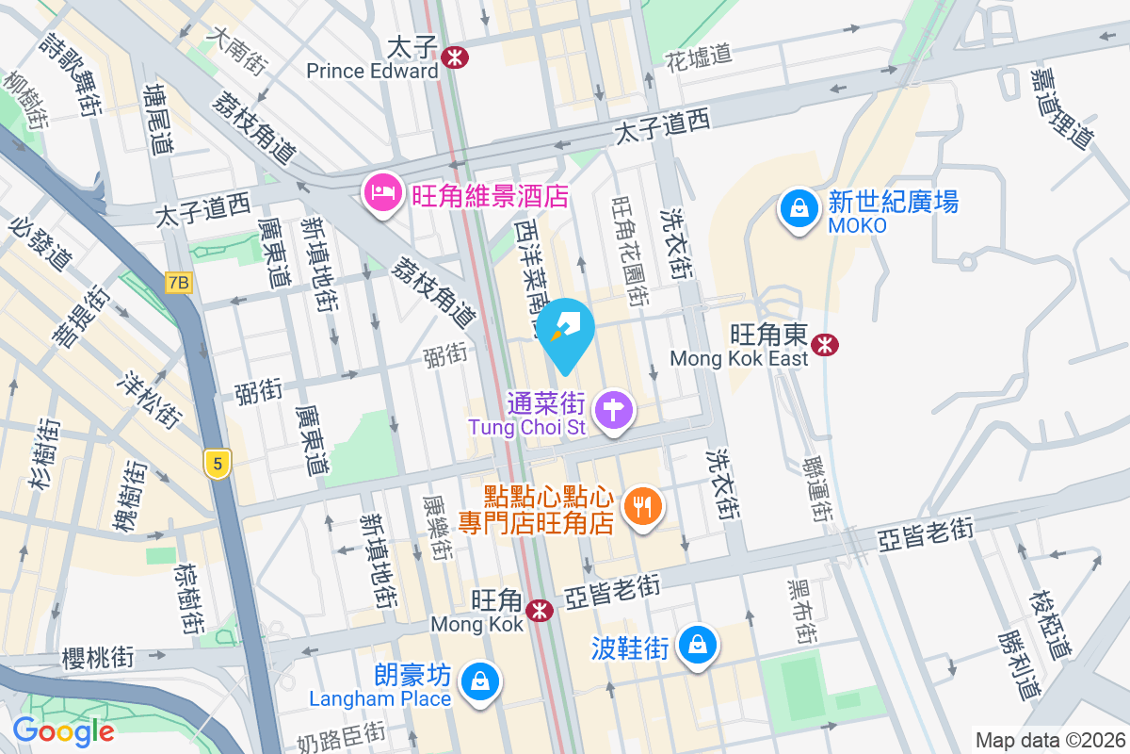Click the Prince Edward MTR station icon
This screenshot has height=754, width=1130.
point(455,57)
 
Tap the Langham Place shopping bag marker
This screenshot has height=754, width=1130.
point(480,679)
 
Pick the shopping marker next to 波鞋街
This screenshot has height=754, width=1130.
point(697,646)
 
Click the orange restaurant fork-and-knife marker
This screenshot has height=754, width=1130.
point(644,507)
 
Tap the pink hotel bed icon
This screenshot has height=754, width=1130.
point(381,194)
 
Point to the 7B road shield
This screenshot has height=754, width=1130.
point(178,282)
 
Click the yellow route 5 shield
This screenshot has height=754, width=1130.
point(218,464)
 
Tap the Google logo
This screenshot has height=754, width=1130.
point(63,730)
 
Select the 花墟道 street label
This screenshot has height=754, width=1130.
point(699,56)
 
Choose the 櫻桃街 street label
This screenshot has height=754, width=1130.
point(98,656)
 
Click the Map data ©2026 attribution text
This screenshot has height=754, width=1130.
point(1050,740)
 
